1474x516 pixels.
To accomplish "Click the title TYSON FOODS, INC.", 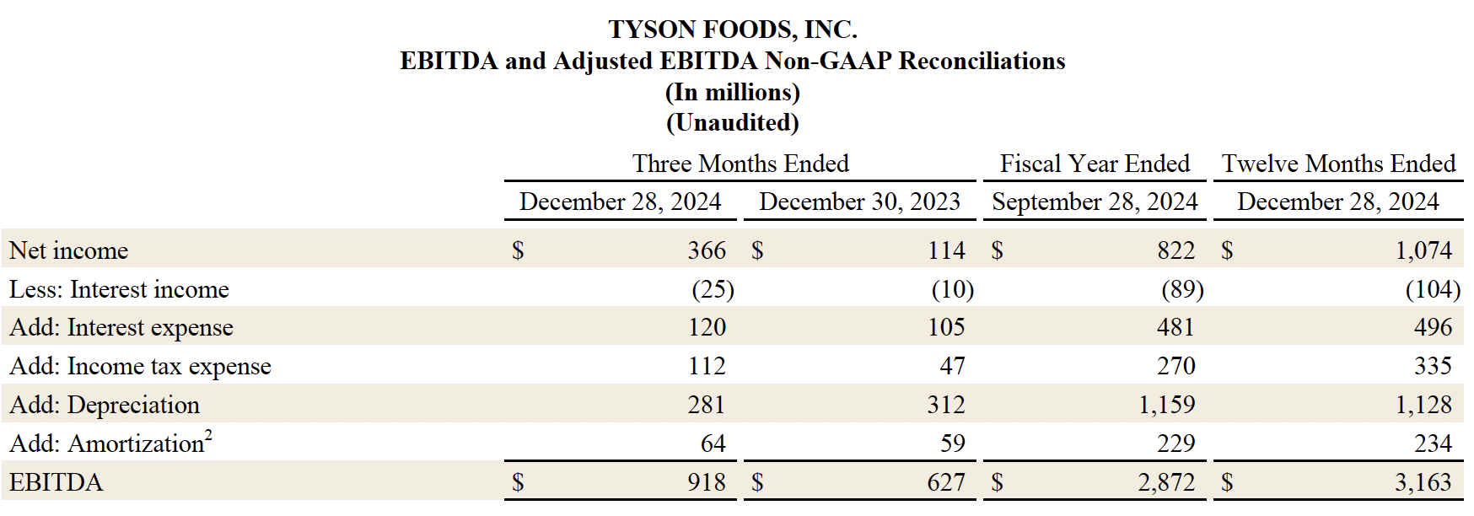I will pyautogui.click(x=733, y=30).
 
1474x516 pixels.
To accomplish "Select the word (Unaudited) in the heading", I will pyautogui.click(x=733, y=123).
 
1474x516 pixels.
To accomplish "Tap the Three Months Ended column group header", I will pyautogui.click(x=740, y=164).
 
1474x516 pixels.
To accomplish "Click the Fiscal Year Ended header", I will pyautogui.click(x=1095, y=164).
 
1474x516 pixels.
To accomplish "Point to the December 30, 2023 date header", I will pyautogui.click(x=859, y=202).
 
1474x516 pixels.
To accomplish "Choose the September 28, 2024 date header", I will pyautogui.click(x=1095, y=202).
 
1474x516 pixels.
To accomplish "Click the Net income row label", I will pyautogui.click(x=68, y=250).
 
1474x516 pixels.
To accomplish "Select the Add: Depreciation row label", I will pyautogui.click(x=105, y=405).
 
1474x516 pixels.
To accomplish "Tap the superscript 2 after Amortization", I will pyautogui.click(x=208, y=434).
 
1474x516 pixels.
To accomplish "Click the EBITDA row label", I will pyautogui.click(x=56, y=482).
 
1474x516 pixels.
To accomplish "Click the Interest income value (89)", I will pyautogui.click(x=1182, y=289).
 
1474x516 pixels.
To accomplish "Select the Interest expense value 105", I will pyautogui.click(x=946, y=327).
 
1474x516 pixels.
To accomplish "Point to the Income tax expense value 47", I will pyautogui.click(x=952, y=366).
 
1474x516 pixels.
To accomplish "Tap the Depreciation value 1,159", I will pyautogui.click(x=1166, y=405).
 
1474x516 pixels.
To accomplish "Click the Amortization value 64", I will pyautogui.click(x=713, y=443).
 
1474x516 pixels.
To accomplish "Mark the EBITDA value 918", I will pyautogui.click(x=707, y=482).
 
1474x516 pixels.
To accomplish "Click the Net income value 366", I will pyautogui.click(x=707, y=250).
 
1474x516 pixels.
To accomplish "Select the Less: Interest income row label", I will pyautogui.click(x=119, y=289).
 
